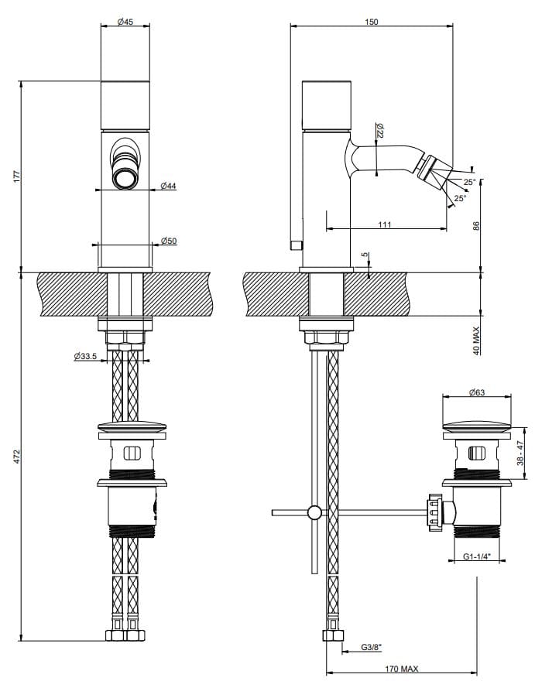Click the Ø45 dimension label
pos(125,22)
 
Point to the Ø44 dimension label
pos(169,186)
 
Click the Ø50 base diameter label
pos(170,241)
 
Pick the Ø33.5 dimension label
pos(86,356)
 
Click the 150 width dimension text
pos(371,22)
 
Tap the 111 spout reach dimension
pos(385,224)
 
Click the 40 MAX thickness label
pos(477,340)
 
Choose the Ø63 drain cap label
pos(476,393)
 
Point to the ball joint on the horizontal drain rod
pos(314,512)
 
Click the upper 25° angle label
pos(469,183)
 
